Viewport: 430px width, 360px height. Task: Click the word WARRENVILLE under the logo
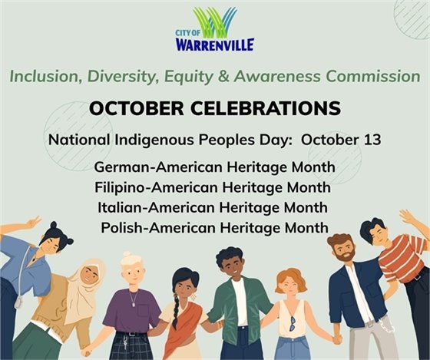(x=215, y=45)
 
